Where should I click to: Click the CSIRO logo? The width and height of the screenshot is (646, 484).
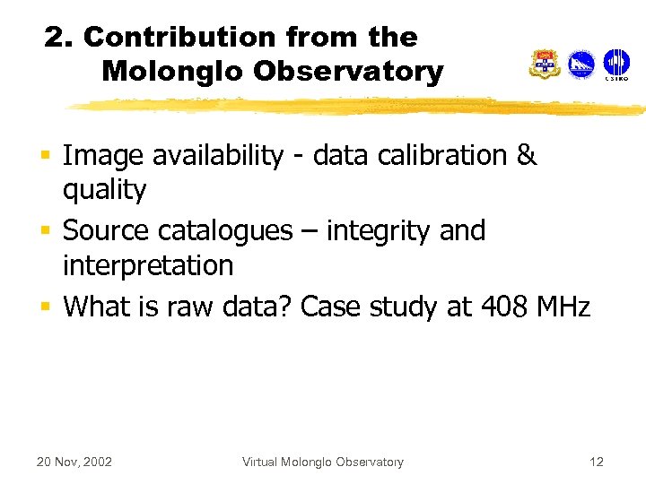coord(615,64)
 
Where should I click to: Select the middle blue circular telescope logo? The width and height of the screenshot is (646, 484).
coord(581,65)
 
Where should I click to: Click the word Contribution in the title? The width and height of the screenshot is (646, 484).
coord(180,38)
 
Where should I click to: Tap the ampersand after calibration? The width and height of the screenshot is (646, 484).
coord(527,155)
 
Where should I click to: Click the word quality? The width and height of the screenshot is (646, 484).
coord(104,190)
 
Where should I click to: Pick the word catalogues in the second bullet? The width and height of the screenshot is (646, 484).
coord(225,231)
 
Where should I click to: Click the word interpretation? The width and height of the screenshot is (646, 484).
coord(148,265)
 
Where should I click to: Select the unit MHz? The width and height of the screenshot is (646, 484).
coord(563,307)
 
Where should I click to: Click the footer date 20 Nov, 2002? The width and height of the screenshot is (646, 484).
coord(74,462)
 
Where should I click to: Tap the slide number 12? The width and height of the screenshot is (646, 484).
coord(597,462)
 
